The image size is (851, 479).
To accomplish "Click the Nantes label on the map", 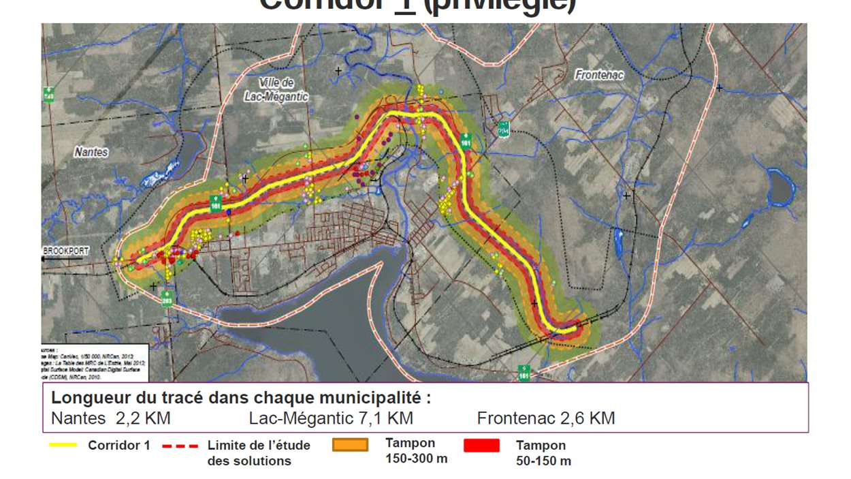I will coord(91,153).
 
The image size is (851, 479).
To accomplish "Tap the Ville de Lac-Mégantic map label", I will coord(276,89).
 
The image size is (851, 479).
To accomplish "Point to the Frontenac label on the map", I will coord(599,75).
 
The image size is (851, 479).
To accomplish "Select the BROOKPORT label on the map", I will coord(66,251).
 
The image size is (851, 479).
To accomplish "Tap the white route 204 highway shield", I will coord(504,129).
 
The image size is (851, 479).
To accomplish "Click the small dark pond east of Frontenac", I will coord(777,187).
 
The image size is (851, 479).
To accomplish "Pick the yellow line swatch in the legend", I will coord(63,446).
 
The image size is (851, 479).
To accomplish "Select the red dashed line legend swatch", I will coord(180,446).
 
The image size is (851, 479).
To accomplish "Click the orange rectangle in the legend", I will coord(350,445).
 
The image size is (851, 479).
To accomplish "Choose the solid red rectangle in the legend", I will coord(481,446).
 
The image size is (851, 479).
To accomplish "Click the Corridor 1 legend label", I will coord(118,446).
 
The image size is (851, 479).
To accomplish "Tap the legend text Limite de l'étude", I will coord(259,446).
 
